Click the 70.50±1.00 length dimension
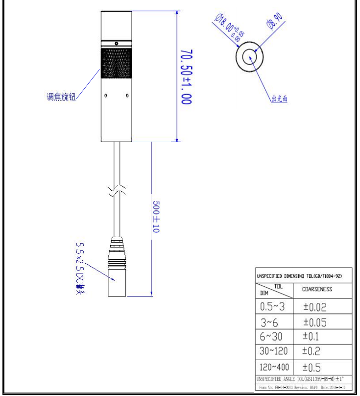[x=186, y=76]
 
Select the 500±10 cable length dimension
[x=156, y=216]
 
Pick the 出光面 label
[x=279, y=99]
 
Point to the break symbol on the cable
[x=117, y=191]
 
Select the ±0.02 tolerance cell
[x=314, y=307]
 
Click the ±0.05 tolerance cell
[x=314, y=322]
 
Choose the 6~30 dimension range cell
[x=273, y=337]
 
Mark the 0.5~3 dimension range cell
[x=273, y=307]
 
